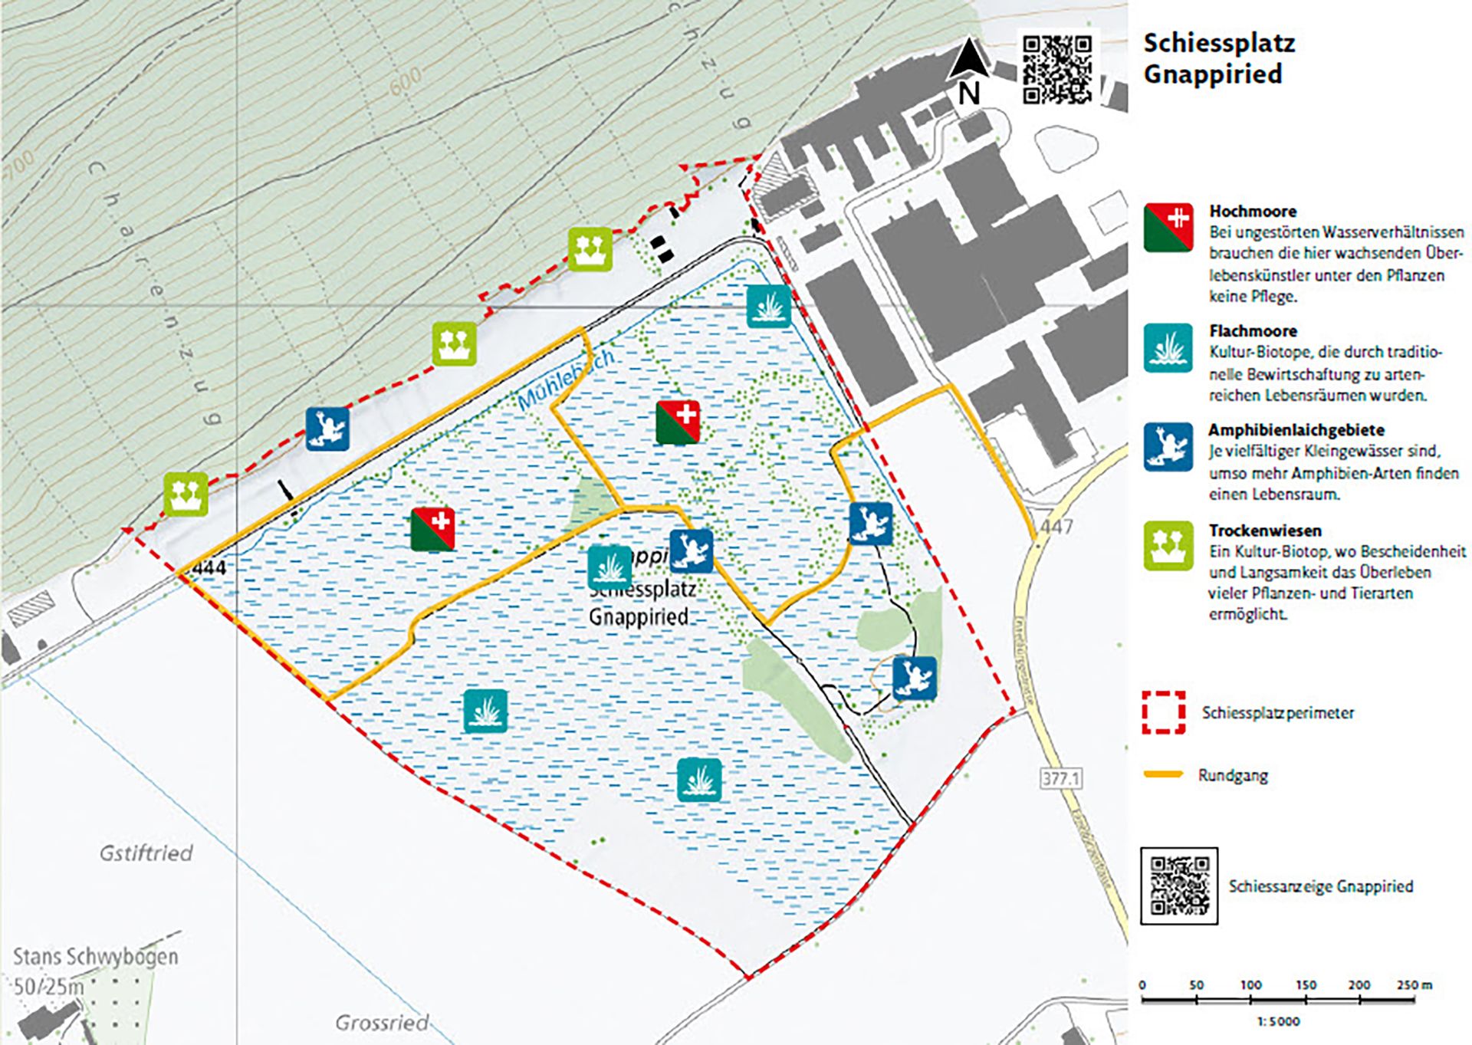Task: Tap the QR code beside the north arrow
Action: pyautogui.click(x=1057, y=69)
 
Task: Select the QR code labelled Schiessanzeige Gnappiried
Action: pyautogui.click(x=1179, y=886)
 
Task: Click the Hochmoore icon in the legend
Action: pyautogui.click(x=1168, y=228)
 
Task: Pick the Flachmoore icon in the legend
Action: pyautogui.click(x=1168, y=348)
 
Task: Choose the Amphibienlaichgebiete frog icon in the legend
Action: pyautogui.click(x=1168, y=447)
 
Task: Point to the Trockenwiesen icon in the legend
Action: pyautogui.click(x=1168, y=546)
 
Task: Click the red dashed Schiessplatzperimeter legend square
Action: pyautogui.click(x=1163, y=712)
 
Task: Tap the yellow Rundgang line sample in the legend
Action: pyautogui.click(x=1163, y=774)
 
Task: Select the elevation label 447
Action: pyautogui.click(x=1056, y=527)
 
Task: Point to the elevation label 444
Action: pyautogui.click(x=209, y=568)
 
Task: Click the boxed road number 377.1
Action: pyautogui.click(x=1061, y=779)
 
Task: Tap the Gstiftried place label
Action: pyautogui.click(x=146, y=853)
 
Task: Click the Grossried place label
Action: pyautogui.click(x=382, y=1023)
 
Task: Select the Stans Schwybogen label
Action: pyautogui.click(x=95, y=957)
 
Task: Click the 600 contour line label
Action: pyautogui.click(x=404, y=80)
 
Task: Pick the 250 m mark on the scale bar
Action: pyautogui.click(x=1413, y=985)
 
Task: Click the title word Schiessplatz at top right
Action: pyautogui.click(x=1218, y=43)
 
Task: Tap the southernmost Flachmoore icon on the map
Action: pyautogui.click(x=699, y=780)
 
